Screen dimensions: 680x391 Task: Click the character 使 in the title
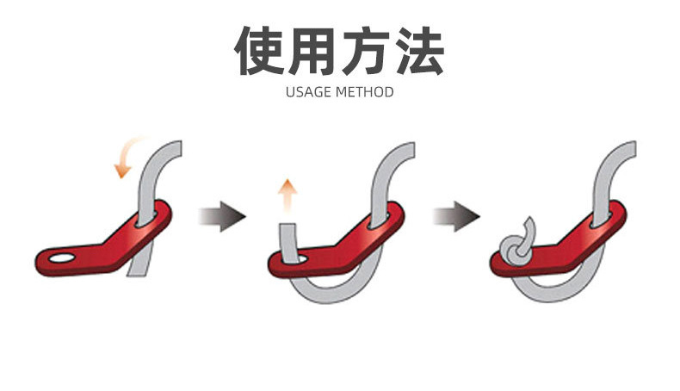pos(262,51)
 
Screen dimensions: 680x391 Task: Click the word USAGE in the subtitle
pos(306,91)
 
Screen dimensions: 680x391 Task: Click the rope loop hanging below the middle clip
pos(336,293)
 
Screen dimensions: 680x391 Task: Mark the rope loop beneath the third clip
pos(559,293)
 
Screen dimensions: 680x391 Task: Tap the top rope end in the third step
pos(628,153)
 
